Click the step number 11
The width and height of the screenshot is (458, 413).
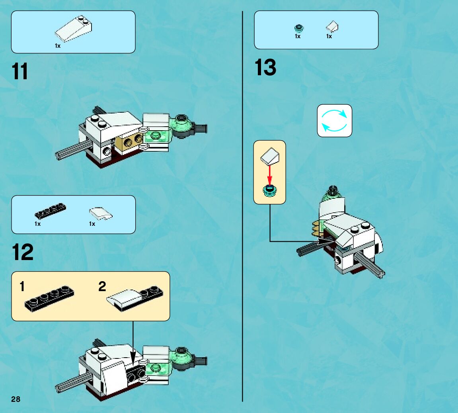(x=20, y=71)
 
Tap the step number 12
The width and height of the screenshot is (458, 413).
(x=23, y=252)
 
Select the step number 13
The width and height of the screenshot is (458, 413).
(x=265, y=67)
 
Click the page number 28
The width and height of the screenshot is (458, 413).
(x=16, y=399)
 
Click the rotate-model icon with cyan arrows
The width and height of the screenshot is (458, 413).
(x=334, y=120)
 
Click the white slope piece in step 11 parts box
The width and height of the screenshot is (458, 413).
(x=73, y=29)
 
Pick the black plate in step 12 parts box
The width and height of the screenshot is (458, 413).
(x=50, y=211)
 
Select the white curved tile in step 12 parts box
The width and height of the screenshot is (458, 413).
(x=101, y=213)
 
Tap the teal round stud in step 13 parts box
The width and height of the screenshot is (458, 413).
(x=299, y=28)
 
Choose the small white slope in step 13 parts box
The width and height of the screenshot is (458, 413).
(x=332, y=27)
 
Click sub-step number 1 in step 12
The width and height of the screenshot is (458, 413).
(x=22, y=286)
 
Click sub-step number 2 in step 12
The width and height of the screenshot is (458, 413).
(x=102, y=286)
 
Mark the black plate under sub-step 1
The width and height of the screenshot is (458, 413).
(x=49, y=298)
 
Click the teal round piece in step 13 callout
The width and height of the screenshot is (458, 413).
(x=270, y=191)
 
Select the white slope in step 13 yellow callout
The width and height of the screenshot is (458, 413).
(x=270, y=155)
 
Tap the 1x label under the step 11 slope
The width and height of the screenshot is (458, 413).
(x=58, y=46)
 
